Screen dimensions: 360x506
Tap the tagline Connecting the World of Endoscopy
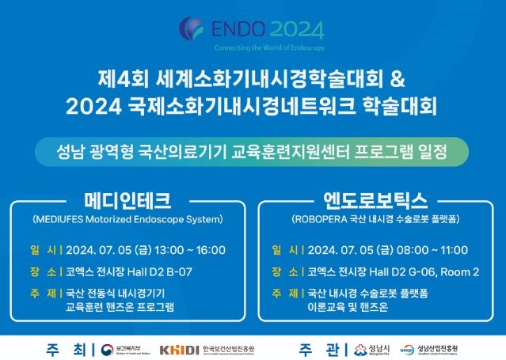click(253, 47)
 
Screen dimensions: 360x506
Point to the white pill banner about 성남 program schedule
click(253, 150)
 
